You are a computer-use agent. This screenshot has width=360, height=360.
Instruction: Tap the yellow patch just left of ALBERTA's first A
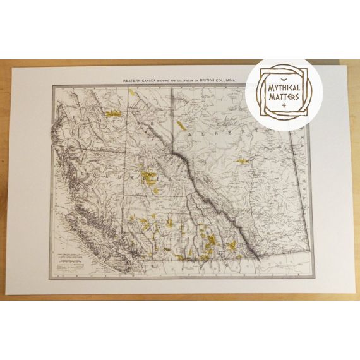coord(183,124)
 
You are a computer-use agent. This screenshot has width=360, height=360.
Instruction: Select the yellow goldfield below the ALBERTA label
coord(242,162)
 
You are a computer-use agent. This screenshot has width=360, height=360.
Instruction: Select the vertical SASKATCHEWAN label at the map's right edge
coord(304,171)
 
